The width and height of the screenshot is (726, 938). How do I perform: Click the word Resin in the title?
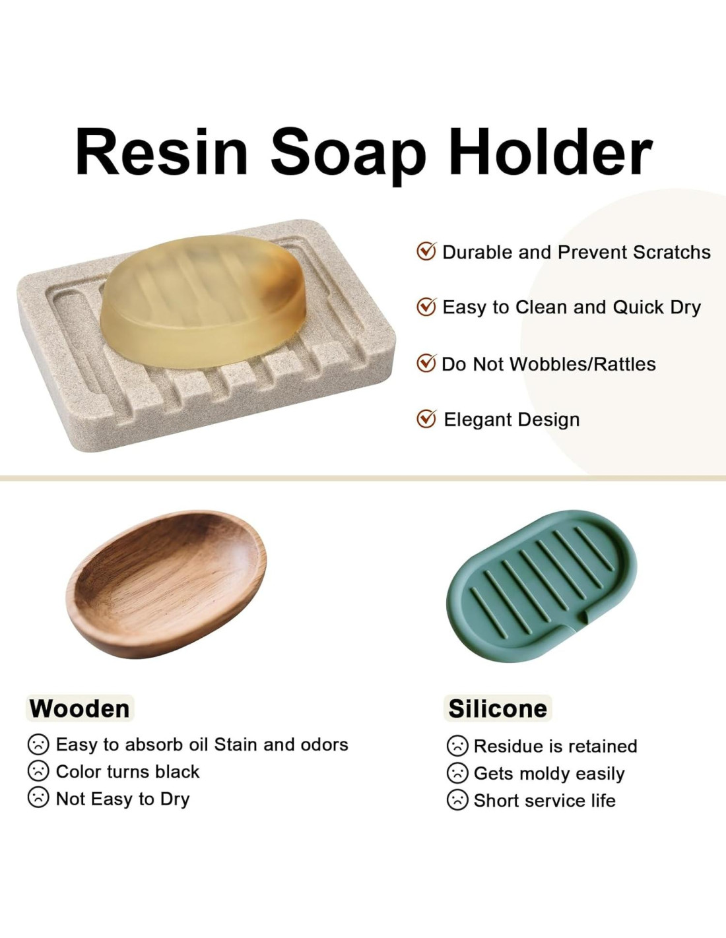point(162,151)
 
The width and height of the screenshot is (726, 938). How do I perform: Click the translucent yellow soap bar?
point(203,301)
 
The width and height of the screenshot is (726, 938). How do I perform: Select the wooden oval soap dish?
point(166,584)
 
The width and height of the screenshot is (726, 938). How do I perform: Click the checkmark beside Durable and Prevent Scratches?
point(426,251)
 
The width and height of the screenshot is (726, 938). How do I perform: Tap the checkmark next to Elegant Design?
point(426,418)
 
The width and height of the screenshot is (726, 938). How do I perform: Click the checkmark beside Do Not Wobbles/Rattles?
point(426,363)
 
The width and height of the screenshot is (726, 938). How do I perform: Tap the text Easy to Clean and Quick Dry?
point(572,307)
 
